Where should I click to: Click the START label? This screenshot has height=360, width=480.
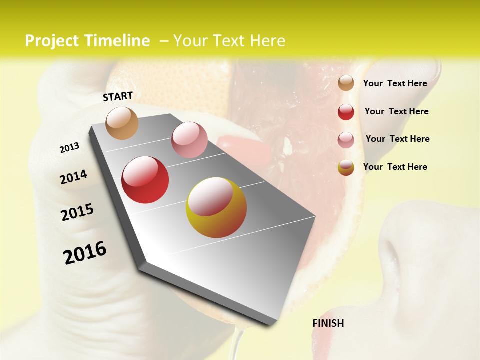(x=118, y=96)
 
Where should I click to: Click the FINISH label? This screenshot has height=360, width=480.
(x=328, y=323)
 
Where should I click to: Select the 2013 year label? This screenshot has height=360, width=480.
(x=69, y=148)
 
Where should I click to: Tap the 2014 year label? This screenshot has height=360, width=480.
(x=73, y=177)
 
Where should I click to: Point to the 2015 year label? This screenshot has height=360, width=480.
(x=77, y=212)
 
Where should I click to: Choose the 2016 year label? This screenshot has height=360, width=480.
(x=85, y=253)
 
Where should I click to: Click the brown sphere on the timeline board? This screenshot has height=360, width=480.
(x=122, y=123)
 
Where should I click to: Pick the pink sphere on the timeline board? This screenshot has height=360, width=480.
(x=189, y=140)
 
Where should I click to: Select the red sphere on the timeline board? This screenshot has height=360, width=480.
(x=145, y=180)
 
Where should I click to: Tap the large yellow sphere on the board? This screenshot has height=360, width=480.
(x=216, y=207)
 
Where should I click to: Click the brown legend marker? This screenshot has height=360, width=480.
(x=346, y=83)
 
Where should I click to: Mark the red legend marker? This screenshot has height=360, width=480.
(x=346, y=112)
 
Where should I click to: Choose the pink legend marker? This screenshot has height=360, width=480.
(x=346, y=140)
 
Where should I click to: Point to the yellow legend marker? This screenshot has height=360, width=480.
(x=346, y=168)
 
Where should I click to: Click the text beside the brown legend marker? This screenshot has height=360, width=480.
(x=395, y=83)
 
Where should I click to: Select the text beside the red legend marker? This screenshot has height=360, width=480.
(x=396, y=111)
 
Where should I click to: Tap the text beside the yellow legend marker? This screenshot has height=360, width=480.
(x=395, y=167)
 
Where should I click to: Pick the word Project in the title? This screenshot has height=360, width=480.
(x=52, y=41)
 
